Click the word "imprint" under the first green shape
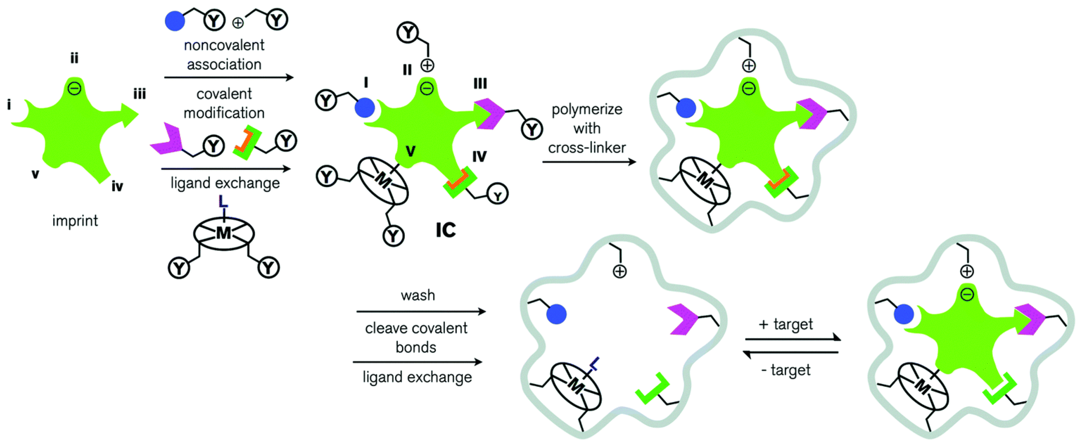[x=75, y=221]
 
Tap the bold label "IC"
[x=445, y=230]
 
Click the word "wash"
[x=418, y=296]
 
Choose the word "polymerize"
[x=587, y=110]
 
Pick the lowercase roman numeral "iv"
[x=117, y=186]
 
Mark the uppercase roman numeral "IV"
[x=479, y=157]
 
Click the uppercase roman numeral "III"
[x=480, y=84]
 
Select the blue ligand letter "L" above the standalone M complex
[x=224, y=202]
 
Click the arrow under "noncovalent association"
[x=229, y=77]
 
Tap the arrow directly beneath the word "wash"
[x=421, y=311]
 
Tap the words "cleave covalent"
[x=416, y=328]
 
